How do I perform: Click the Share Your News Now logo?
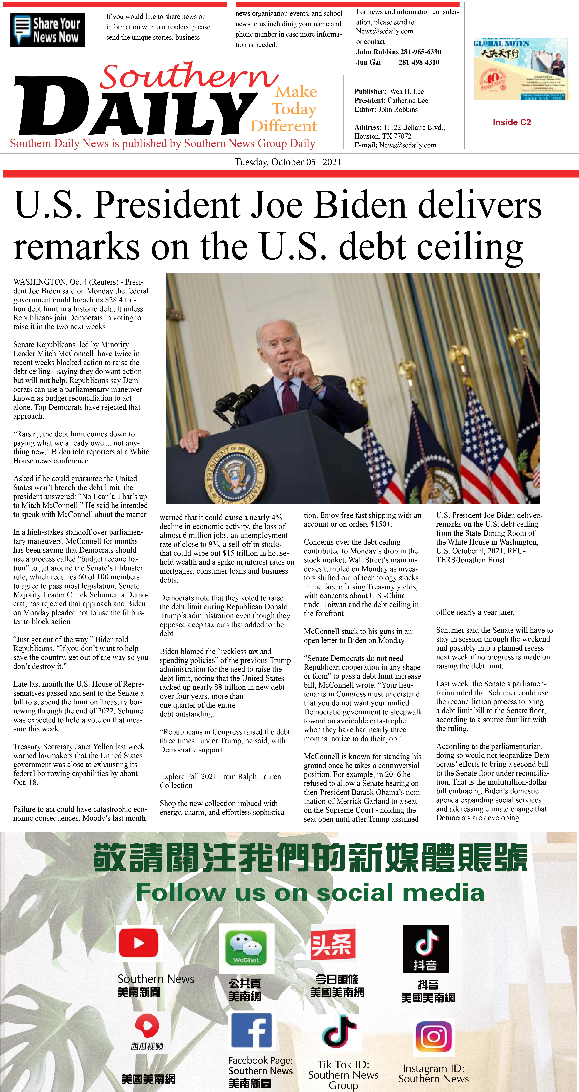[x=47, y=30]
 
